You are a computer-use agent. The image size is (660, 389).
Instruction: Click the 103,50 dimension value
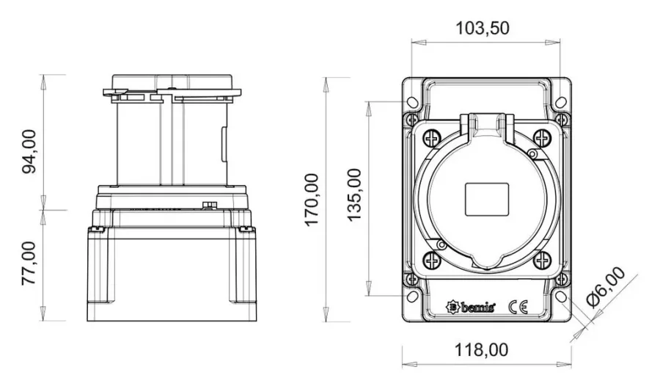coord(483,28)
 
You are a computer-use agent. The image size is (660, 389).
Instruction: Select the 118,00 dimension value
coord(481,350)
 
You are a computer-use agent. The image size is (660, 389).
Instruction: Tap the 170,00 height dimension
coord(312,200)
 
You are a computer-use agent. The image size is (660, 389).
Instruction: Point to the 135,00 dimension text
coord(354,194)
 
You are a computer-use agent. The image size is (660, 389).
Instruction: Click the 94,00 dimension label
coord(29,152)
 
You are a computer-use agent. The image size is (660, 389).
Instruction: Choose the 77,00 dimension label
coord(29,263)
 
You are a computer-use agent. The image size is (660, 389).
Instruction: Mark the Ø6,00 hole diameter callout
coord(606,288)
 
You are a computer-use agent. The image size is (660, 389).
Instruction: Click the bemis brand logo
coord(471,306)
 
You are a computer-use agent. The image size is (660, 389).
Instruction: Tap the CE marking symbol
coord(518,307)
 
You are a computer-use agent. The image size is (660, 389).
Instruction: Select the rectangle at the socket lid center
coord(487,200)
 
